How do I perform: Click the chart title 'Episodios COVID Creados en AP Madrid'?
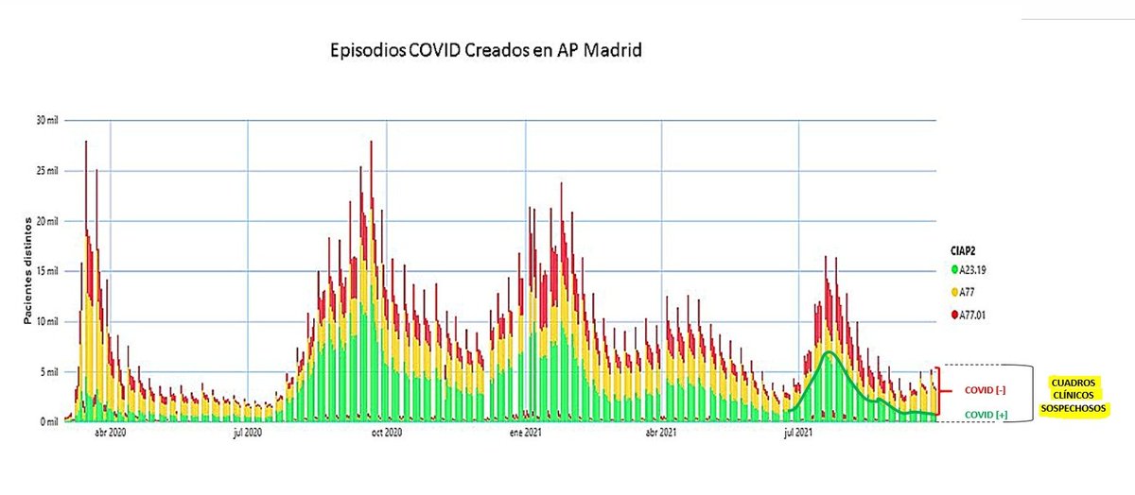pos(484,50)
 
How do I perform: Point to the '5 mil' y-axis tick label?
pos(48,371)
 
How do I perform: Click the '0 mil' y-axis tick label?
pos(48,421)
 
